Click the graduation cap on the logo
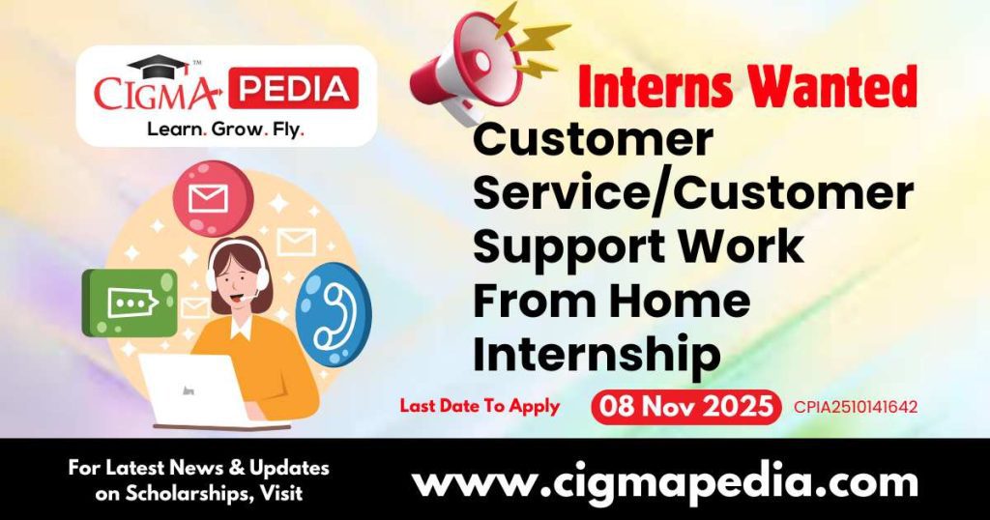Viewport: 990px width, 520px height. pos(158,66)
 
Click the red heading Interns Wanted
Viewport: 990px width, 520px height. pos(747,88)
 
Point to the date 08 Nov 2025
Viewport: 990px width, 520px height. pos(685,406)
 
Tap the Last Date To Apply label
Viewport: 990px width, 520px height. pos(480,406)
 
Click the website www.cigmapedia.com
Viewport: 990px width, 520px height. pos(665,480)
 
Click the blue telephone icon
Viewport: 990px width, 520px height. pos(333,314)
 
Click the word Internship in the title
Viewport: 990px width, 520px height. pos(597,355)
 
